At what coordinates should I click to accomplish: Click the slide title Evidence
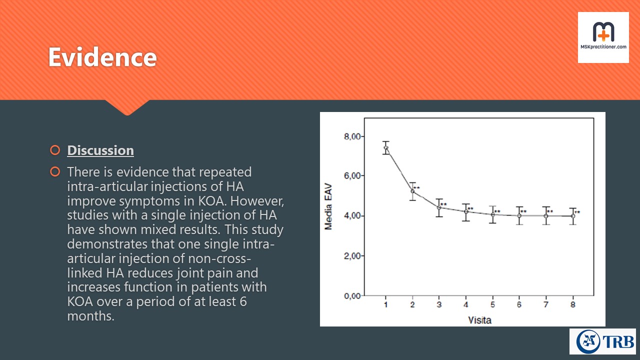pos(102,57)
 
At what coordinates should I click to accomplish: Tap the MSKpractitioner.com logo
pos(603,37)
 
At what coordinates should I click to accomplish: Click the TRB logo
pos(602,341)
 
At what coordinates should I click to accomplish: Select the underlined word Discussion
pos(100,150)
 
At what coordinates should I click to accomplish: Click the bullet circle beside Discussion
pos(55,150)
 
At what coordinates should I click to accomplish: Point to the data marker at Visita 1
pos(386,148)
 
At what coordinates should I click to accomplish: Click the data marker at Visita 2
pos(412,191)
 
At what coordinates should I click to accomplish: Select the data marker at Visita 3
pos(439,207)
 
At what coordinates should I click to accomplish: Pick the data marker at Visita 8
pos(572,216)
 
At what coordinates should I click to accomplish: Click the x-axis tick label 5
pos(492,304)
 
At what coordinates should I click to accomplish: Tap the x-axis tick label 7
pos(546,304)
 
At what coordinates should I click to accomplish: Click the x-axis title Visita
pos(479,319)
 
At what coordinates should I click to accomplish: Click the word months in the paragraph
pos(89,316)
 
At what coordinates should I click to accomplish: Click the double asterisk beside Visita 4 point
pos(470,209)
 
